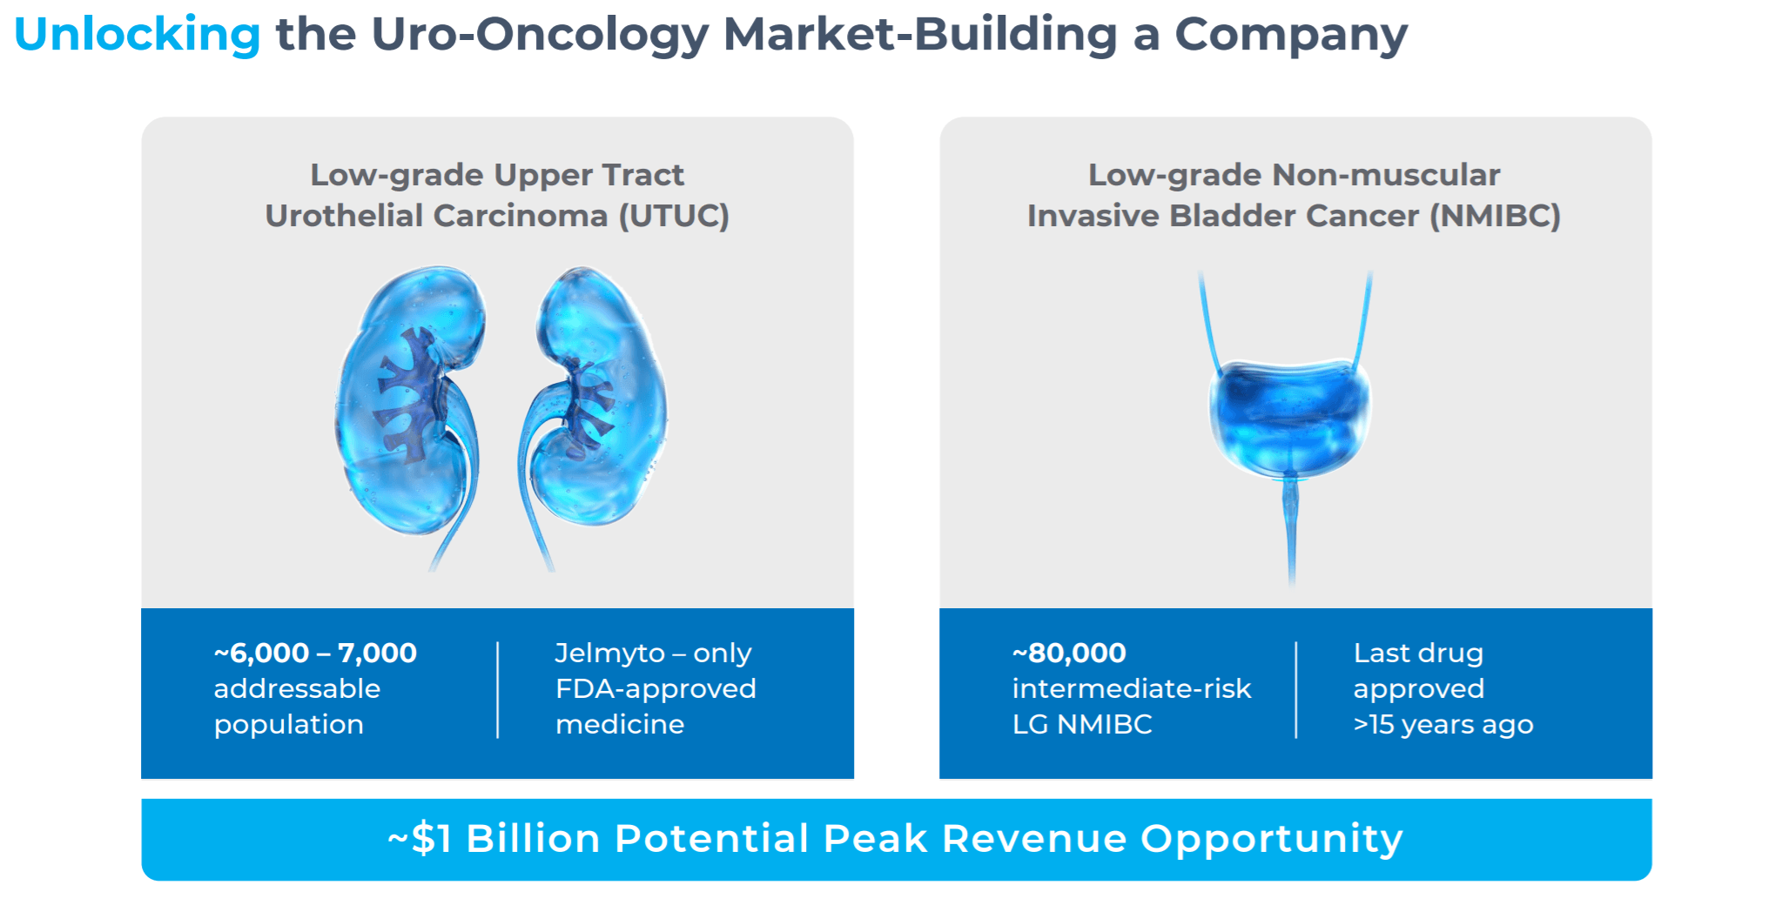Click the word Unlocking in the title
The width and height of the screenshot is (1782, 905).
(137, 35)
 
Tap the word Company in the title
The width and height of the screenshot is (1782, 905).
(1290, 35)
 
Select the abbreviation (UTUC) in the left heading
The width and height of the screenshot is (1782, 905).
(674, 216)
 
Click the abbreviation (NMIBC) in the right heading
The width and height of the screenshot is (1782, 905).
(1495, 216)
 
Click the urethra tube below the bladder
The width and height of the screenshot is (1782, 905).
(1290, 531)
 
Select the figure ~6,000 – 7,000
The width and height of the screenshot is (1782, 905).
(315, 653)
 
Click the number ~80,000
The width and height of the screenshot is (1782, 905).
(1069, 653)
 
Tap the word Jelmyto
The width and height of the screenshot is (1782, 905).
(609, 653)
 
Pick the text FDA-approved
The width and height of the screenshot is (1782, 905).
(656, 688)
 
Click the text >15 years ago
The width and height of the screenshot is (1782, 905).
(1442, 724)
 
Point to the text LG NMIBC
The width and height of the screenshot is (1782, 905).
(1082, 724)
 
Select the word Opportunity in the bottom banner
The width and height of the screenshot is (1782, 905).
(1271, 839)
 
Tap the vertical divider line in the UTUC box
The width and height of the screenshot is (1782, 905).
(498, 689)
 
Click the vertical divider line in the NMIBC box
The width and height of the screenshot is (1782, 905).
(1296, 689)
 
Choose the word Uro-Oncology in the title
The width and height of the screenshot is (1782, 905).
(540, 35)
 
